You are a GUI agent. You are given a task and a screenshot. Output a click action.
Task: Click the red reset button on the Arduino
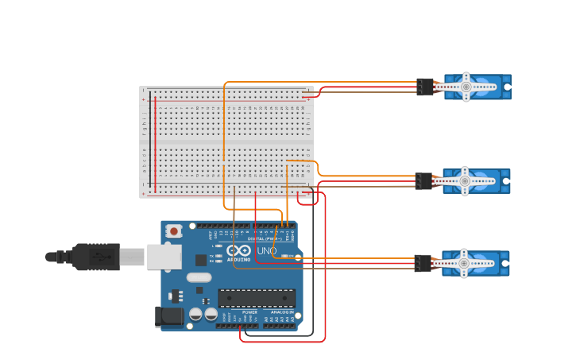[172, 231]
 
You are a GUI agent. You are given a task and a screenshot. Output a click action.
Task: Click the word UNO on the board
[266, 251]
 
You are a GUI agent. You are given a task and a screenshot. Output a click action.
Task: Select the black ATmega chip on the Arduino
[256, 298]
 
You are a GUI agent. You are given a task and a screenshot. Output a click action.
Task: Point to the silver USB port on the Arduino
[164, 257]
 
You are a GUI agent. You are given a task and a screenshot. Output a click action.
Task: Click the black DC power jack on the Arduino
[168, 317]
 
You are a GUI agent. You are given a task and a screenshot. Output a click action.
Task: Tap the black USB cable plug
[96, 257]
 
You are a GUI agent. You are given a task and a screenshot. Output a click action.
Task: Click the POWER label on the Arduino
[249, 312]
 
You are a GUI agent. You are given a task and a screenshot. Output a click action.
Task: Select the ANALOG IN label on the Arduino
[280, 312]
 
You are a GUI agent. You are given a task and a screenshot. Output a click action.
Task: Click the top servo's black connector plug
[425, 87]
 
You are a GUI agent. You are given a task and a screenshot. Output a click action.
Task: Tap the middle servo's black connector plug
[423, 181]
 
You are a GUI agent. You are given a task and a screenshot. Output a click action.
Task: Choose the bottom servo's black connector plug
[423, 263]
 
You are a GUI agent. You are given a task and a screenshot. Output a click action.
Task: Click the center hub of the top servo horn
[466, 87]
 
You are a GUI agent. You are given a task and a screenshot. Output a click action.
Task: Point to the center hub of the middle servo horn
[465, 181]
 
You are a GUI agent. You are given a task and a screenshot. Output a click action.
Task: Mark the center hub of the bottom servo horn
[464, 263]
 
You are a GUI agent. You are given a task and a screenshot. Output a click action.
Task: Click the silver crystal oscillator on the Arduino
[199, 277]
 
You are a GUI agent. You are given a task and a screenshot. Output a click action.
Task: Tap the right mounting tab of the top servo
[506, 87]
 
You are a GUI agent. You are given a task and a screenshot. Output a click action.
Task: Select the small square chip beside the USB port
[201, 259]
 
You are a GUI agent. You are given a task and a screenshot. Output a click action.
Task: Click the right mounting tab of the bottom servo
[504, 263]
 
